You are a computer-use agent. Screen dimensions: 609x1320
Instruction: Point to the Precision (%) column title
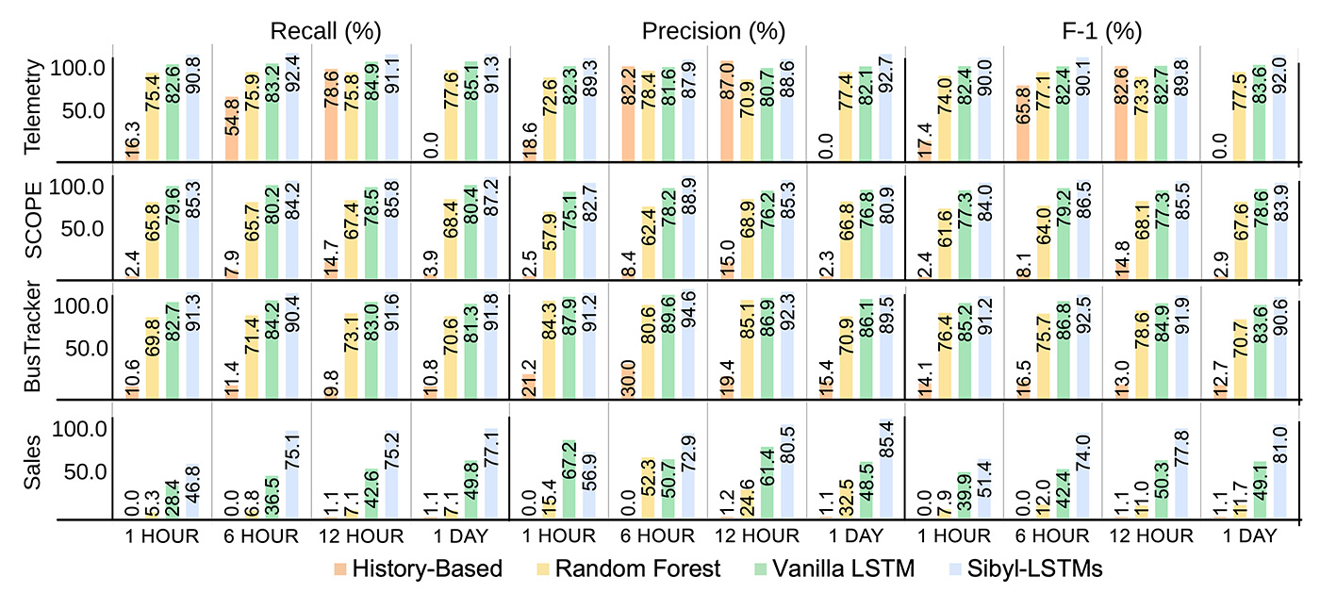(713, 30)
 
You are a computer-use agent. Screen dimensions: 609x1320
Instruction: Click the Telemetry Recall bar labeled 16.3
(132, 151)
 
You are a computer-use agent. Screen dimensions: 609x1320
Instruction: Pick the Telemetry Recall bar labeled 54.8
(231, 128)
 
